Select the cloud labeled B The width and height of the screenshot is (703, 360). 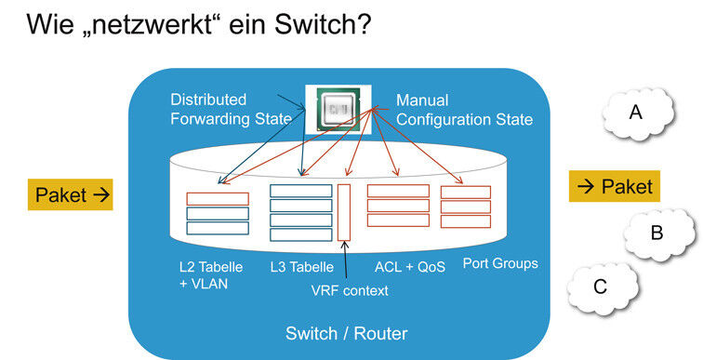[656, 233]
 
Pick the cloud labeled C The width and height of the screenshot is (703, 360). [601, 287]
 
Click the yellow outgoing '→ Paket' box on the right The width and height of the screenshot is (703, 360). [614, 186]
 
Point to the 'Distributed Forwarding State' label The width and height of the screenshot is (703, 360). [231, 109]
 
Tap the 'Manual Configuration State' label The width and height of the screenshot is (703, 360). [464, 109]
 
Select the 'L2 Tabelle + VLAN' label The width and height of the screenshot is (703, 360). [211, 275]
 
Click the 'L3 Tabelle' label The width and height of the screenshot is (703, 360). [301, 267]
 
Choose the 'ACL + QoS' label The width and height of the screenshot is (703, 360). [410, 267]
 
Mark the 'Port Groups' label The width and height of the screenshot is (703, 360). [501, 263]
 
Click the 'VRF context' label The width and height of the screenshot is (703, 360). [351, 290]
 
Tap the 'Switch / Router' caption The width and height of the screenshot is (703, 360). [347, 333]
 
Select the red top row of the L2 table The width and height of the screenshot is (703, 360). [217, 198]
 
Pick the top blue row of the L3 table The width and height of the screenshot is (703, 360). [300, 191]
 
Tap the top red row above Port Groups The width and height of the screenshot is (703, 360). [465, 193]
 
